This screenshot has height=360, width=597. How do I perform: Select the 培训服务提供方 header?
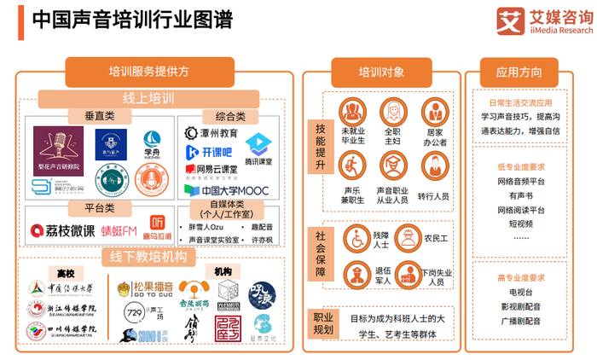149,72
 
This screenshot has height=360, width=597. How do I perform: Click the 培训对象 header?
381,72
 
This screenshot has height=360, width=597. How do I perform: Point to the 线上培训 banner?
149,97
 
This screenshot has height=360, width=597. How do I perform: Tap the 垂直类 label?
100,115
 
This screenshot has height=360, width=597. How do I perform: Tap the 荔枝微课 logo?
63,229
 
